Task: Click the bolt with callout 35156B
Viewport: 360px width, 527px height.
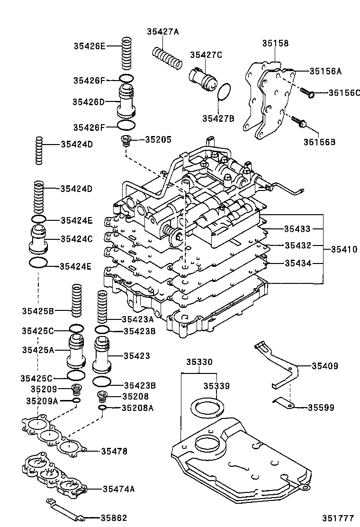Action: click(x=299, y=122)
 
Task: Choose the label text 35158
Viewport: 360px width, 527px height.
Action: click(x=275, y=43)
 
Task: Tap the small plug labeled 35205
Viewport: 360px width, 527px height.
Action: click(x=126, y=140)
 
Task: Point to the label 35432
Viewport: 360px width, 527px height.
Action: click(x=297, y=245)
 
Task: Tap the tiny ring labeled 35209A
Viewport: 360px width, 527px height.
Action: click(x=76, y=401)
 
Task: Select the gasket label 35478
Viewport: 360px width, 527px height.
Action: click(x=114, y=452)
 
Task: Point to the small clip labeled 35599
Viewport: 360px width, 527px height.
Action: click(x=284, y=404)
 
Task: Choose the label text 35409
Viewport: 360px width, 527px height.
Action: click(x=324, y=365)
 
